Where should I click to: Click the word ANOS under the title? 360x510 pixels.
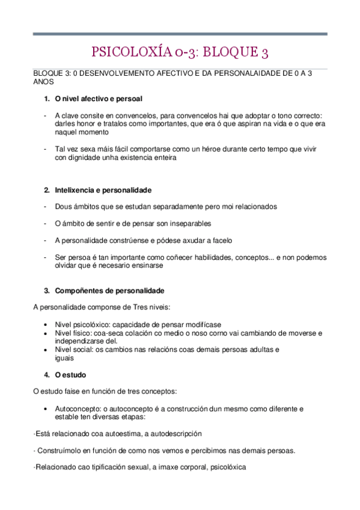[43, 81]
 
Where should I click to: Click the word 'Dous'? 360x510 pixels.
[63, 206]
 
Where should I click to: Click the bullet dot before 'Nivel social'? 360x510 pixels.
[46, 349]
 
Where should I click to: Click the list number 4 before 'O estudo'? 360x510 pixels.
[46, 374]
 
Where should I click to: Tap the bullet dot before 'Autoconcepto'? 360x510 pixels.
[46, 408]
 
